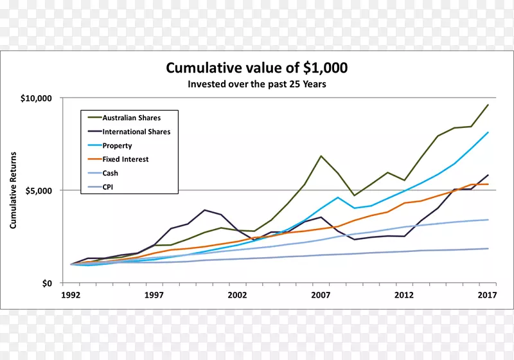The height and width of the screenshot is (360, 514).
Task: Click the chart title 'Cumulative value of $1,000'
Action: (x=257, y=68)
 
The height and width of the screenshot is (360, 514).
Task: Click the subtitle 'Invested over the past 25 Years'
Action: (x=257, y=84)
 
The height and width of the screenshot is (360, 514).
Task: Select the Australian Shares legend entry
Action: (x=132, y=118)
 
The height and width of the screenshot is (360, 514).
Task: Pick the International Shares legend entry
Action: (x=136, y=132)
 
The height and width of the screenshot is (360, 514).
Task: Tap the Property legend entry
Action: (x=117, y=146)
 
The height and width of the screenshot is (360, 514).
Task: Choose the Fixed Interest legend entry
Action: (x=126, y=159)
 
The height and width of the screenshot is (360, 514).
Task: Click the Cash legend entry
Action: (x=111, y=173)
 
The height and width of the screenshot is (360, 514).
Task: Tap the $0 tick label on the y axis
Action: (x=47, y=283)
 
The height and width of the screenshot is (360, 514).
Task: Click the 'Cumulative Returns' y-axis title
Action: (x=13, y=190)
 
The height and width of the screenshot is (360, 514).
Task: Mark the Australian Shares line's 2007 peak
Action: (x=321, y=156)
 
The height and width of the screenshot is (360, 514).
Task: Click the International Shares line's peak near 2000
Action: (x=204, y=210)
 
